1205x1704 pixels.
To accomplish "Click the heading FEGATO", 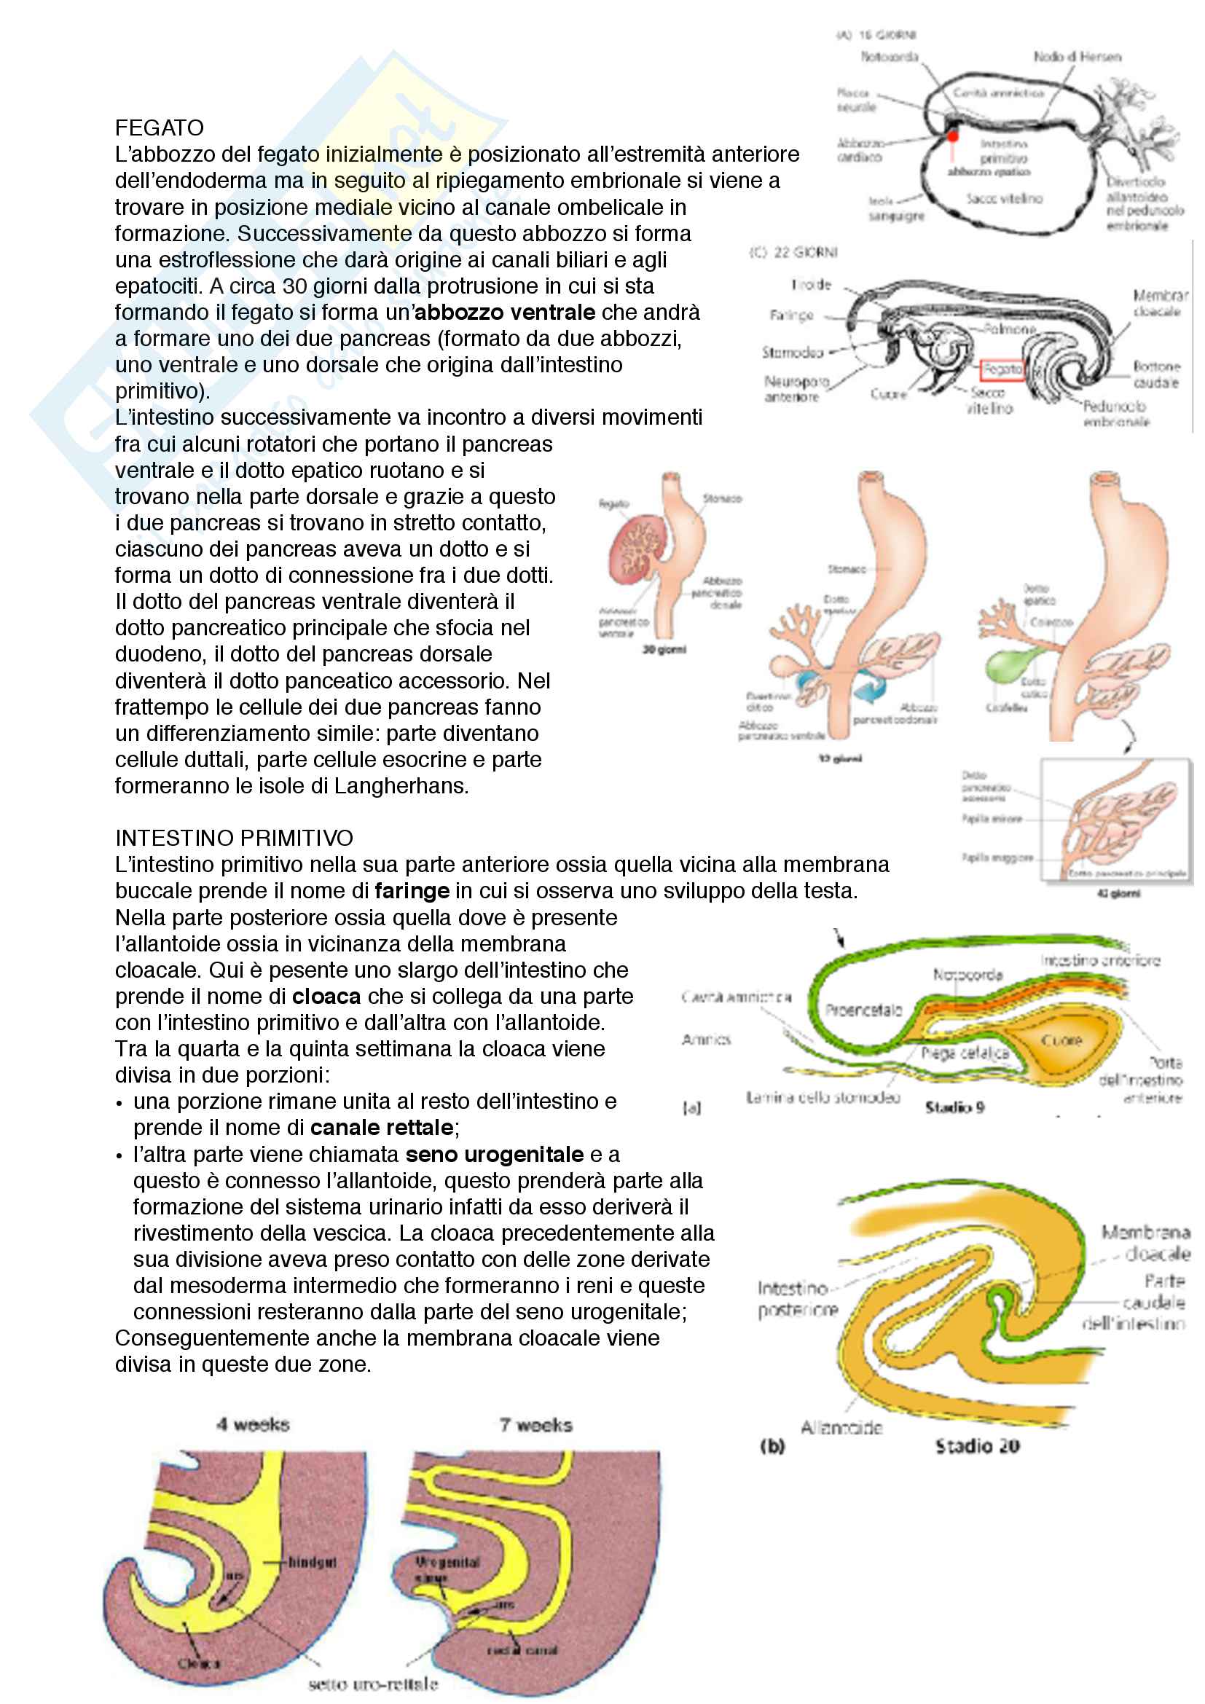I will [x=159, y=127].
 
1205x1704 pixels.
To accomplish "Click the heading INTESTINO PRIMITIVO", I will [x=234, y=838].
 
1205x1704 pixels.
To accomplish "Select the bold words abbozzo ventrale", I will [x=505, y=313].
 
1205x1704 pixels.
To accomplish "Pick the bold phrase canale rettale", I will [x=381, y=1127].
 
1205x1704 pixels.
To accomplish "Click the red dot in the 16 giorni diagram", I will [x=953, y=136].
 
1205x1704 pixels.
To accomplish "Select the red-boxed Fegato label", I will [x=1002, y=369].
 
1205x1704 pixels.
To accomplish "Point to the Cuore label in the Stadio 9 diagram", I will [x=1061, y=1040].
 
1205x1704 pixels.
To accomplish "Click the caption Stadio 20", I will [x=977, y=1445].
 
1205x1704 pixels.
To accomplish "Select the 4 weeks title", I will [x=253, y=1425].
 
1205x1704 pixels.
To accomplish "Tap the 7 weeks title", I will [x=535, y=1425].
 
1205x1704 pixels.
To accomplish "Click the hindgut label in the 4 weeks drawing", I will [x=313, y=1562].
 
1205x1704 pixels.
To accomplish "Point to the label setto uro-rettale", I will [x=373, y=1684].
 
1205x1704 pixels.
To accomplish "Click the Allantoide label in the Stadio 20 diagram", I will [x=841, y=1427].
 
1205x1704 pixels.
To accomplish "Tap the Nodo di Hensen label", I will [x=1078, y=57].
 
